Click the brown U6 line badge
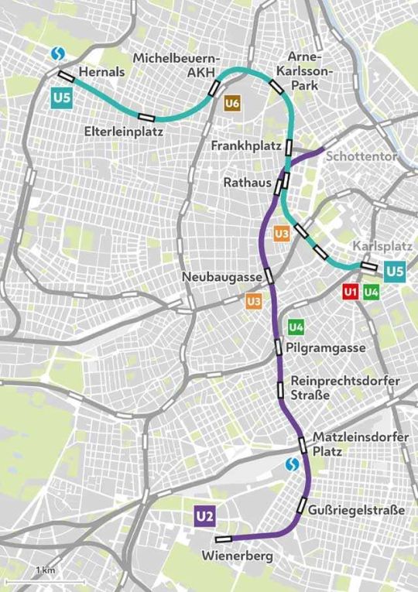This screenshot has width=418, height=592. [232, 103]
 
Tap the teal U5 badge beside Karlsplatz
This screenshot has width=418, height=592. [395, 271]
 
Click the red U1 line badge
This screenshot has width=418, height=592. [351, 292]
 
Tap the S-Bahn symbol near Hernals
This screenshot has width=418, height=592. [57, 53]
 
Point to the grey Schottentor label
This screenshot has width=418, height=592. [362, 156]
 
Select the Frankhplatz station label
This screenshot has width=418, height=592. [247, 145]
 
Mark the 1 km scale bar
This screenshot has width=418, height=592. [44, 579]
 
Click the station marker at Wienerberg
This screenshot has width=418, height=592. [224, 539]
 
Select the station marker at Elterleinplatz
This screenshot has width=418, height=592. [146, 118]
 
